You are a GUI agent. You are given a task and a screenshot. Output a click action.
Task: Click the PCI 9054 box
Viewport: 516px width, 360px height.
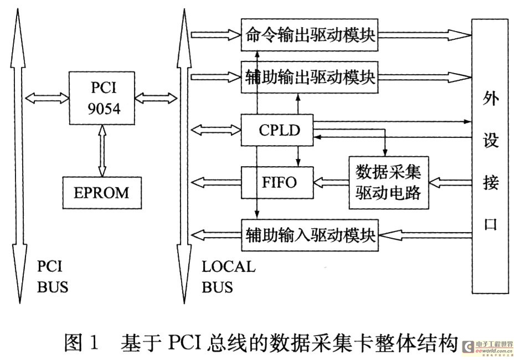coord(102,98)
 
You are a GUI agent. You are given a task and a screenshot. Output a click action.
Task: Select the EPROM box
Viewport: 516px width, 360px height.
coord(102,193)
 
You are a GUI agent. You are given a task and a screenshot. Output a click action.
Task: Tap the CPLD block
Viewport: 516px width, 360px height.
coord(277,130)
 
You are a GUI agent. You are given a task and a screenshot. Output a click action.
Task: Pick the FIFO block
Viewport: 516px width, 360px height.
coord(277,183)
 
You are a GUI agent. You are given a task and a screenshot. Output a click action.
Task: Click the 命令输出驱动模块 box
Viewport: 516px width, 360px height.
coord(309,35)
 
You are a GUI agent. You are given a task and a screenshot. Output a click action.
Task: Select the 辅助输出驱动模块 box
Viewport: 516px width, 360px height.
coord(309,78)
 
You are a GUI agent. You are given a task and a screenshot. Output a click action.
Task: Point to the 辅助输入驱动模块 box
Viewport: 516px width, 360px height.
coord(309,235)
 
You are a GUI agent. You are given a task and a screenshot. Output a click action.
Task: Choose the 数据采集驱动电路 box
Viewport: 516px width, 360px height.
coord(389,183)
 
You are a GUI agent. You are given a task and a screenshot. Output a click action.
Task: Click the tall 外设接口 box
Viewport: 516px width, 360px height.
coord(490,156)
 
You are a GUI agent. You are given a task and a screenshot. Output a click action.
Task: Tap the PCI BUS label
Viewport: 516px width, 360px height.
coord(53,277)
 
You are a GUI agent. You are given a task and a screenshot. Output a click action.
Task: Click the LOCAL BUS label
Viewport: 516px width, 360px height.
coord(229,277)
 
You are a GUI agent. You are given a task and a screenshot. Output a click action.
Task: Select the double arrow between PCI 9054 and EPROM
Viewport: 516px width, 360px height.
coord(102,151)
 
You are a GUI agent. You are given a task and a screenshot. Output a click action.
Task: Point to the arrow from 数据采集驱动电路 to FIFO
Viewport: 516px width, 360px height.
coord(331,182)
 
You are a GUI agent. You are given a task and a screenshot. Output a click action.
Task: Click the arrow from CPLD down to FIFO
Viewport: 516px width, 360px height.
coord(298,156)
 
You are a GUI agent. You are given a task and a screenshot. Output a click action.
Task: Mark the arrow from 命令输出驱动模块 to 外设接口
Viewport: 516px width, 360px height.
coord(425,35)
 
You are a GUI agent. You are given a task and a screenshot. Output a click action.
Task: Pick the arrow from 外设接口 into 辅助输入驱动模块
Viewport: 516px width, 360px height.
coord(425,235)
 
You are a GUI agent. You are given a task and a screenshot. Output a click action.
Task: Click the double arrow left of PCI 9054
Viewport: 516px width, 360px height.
coord(47,98)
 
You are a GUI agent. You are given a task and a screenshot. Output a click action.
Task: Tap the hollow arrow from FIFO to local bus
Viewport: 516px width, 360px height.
coord(216,182)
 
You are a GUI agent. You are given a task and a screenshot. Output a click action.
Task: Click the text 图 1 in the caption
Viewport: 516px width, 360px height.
coord(81,343)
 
